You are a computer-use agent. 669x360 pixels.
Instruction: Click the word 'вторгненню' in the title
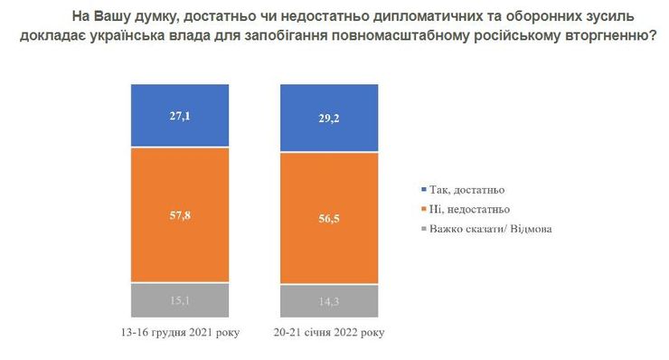[606, 39]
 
